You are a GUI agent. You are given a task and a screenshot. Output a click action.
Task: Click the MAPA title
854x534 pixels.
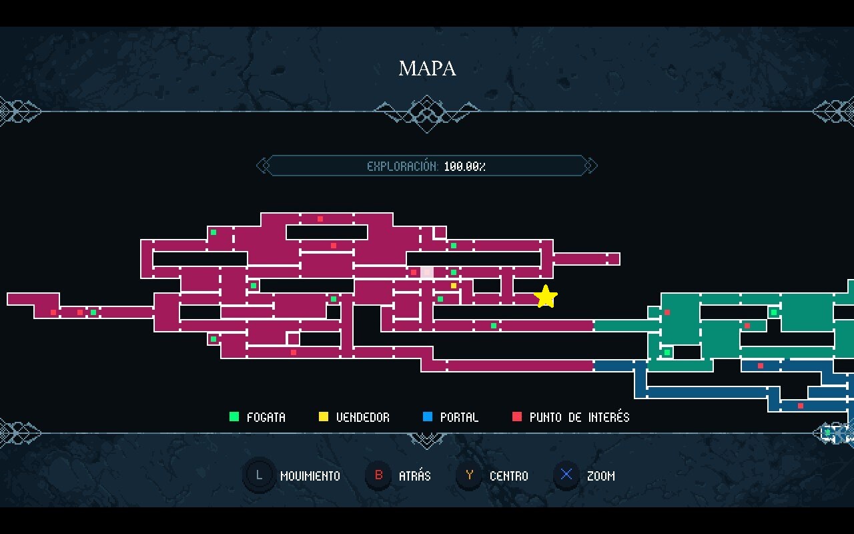point(427,68)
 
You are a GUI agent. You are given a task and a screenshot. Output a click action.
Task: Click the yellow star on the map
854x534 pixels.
point(546,297)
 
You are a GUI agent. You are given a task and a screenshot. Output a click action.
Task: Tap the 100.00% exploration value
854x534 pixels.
point(464,166)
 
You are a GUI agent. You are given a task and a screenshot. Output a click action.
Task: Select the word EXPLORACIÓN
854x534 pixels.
point(402,166)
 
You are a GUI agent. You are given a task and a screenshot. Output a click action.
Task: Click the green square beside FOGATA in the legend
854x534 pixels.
point(234,417)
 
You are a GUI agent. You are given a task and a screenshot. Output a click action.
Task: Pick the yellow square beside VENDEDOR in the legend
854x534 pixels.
point(324,417)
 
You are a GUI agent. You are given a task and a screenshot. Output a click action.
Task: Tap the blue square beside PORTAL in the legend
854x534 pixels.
point(428,417)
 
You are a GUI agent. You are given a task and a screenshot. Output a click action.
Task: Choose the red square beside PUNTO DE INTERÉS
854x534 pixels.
point(516,417)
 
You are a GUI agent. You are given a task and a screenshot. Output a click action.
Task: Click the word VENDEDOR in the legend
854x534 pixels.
point(363,418)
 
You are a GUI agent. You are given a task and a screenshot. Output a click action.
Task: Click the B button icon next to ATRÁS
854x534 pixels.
point(378,476)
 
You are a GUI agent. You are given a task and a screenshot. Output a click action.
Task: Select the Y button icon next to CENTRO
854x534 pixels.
point(470,476)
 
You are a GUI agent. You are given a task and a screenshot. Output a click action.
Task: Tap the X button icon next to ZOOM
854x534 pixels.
point(566,476)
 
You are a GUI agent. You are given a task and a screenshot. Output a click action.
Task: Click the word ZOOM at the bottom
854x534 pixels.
point(600,477)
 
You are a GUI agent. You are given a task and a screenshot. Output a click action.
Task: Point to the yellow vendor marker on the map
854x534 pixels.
point(454,286)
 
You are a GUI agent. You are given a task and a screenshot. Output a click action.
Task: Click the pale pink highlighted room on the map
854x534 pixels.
point(427,272)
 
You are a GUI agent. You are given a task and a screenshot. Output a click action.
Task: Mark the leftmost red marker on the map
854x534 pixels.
point(53,312)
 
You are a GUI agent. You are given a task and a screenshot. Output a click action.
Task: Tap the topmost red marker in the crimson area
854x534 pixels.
point(320,219)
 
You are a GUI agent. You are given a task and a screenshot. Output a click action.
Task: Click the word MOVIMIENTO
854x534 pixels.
point(310,477)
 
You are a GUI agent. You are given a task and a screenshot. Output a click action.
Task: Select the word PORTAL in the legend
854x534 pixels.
point(459,418)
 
